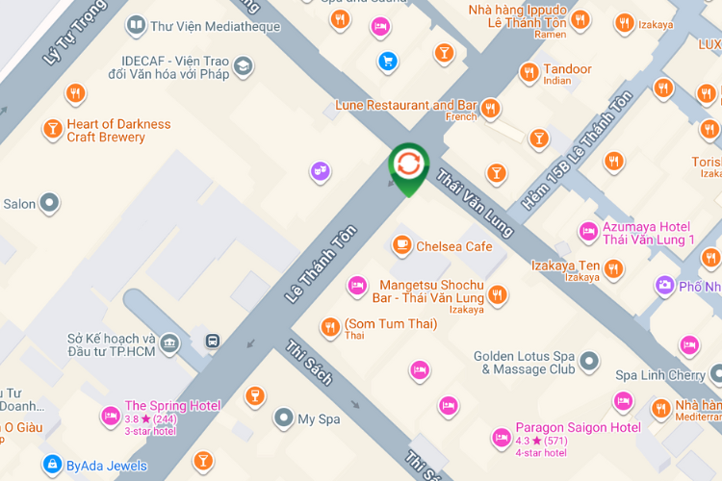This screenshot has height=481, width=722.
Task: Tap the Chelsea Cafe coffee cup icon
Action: click(x=401, y=246)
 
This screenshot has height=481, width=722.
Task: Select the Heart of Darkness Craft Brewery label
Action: click(x=118, y=130)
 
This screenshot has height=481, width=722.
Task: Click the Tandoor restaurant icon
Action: click(x=529, y=71)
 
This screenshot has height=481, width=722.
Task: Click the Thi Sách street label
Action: click(x=309, y=362)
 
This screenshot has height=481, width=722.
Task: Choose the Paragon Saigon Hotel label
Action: click(x=578, y=427)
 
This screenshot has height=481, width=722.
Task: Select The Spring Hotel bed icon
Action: click(x=111, y=417)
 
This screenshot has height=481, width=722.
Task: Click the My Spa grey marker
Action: click(x=283, y=418)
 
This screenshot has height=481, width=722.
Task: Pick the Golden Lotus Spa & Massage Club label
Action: click(x=525, y=363)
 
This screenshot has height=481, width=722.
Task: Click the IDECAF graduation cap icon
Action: click(x=243, y=66)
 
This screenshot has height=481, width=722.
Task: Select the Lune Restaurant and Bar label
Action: click(x=406, y=105)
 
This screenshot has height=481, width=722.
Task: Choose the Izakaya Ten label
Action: click(x=566, y=266)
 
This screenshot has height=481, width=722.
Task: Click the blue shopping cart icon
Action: click(x=388, y=63)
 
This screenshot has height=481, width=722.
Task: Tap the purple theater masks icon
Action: click(x=320, y=172)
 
